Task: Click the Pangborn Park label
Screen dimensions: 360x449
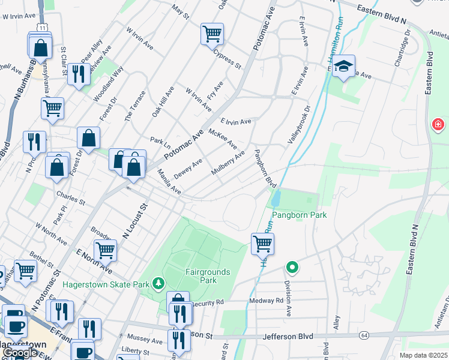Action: [299, 215]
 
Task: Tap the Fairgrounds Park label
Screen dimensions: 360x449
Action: [207, 276]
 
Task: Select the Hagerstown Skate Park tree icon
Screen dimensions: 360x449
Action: [158, 282]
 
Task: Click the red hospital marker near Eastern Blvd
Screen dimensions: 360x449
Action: [438, 125]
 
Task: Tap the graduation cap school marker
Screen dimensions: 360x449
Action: [344, 65]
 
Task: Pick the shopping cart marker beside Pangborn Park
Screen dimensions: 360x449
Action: [262, 243]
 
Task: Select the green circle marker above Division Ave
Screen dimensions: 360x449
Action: [292, 266]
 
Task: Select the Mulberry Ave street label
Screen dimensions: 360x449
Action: [228, 163]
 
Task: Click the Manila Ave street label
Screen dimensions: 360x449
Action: [169, 181]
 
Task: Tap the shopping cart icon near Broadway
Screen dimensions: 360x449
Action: [105, 250]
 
